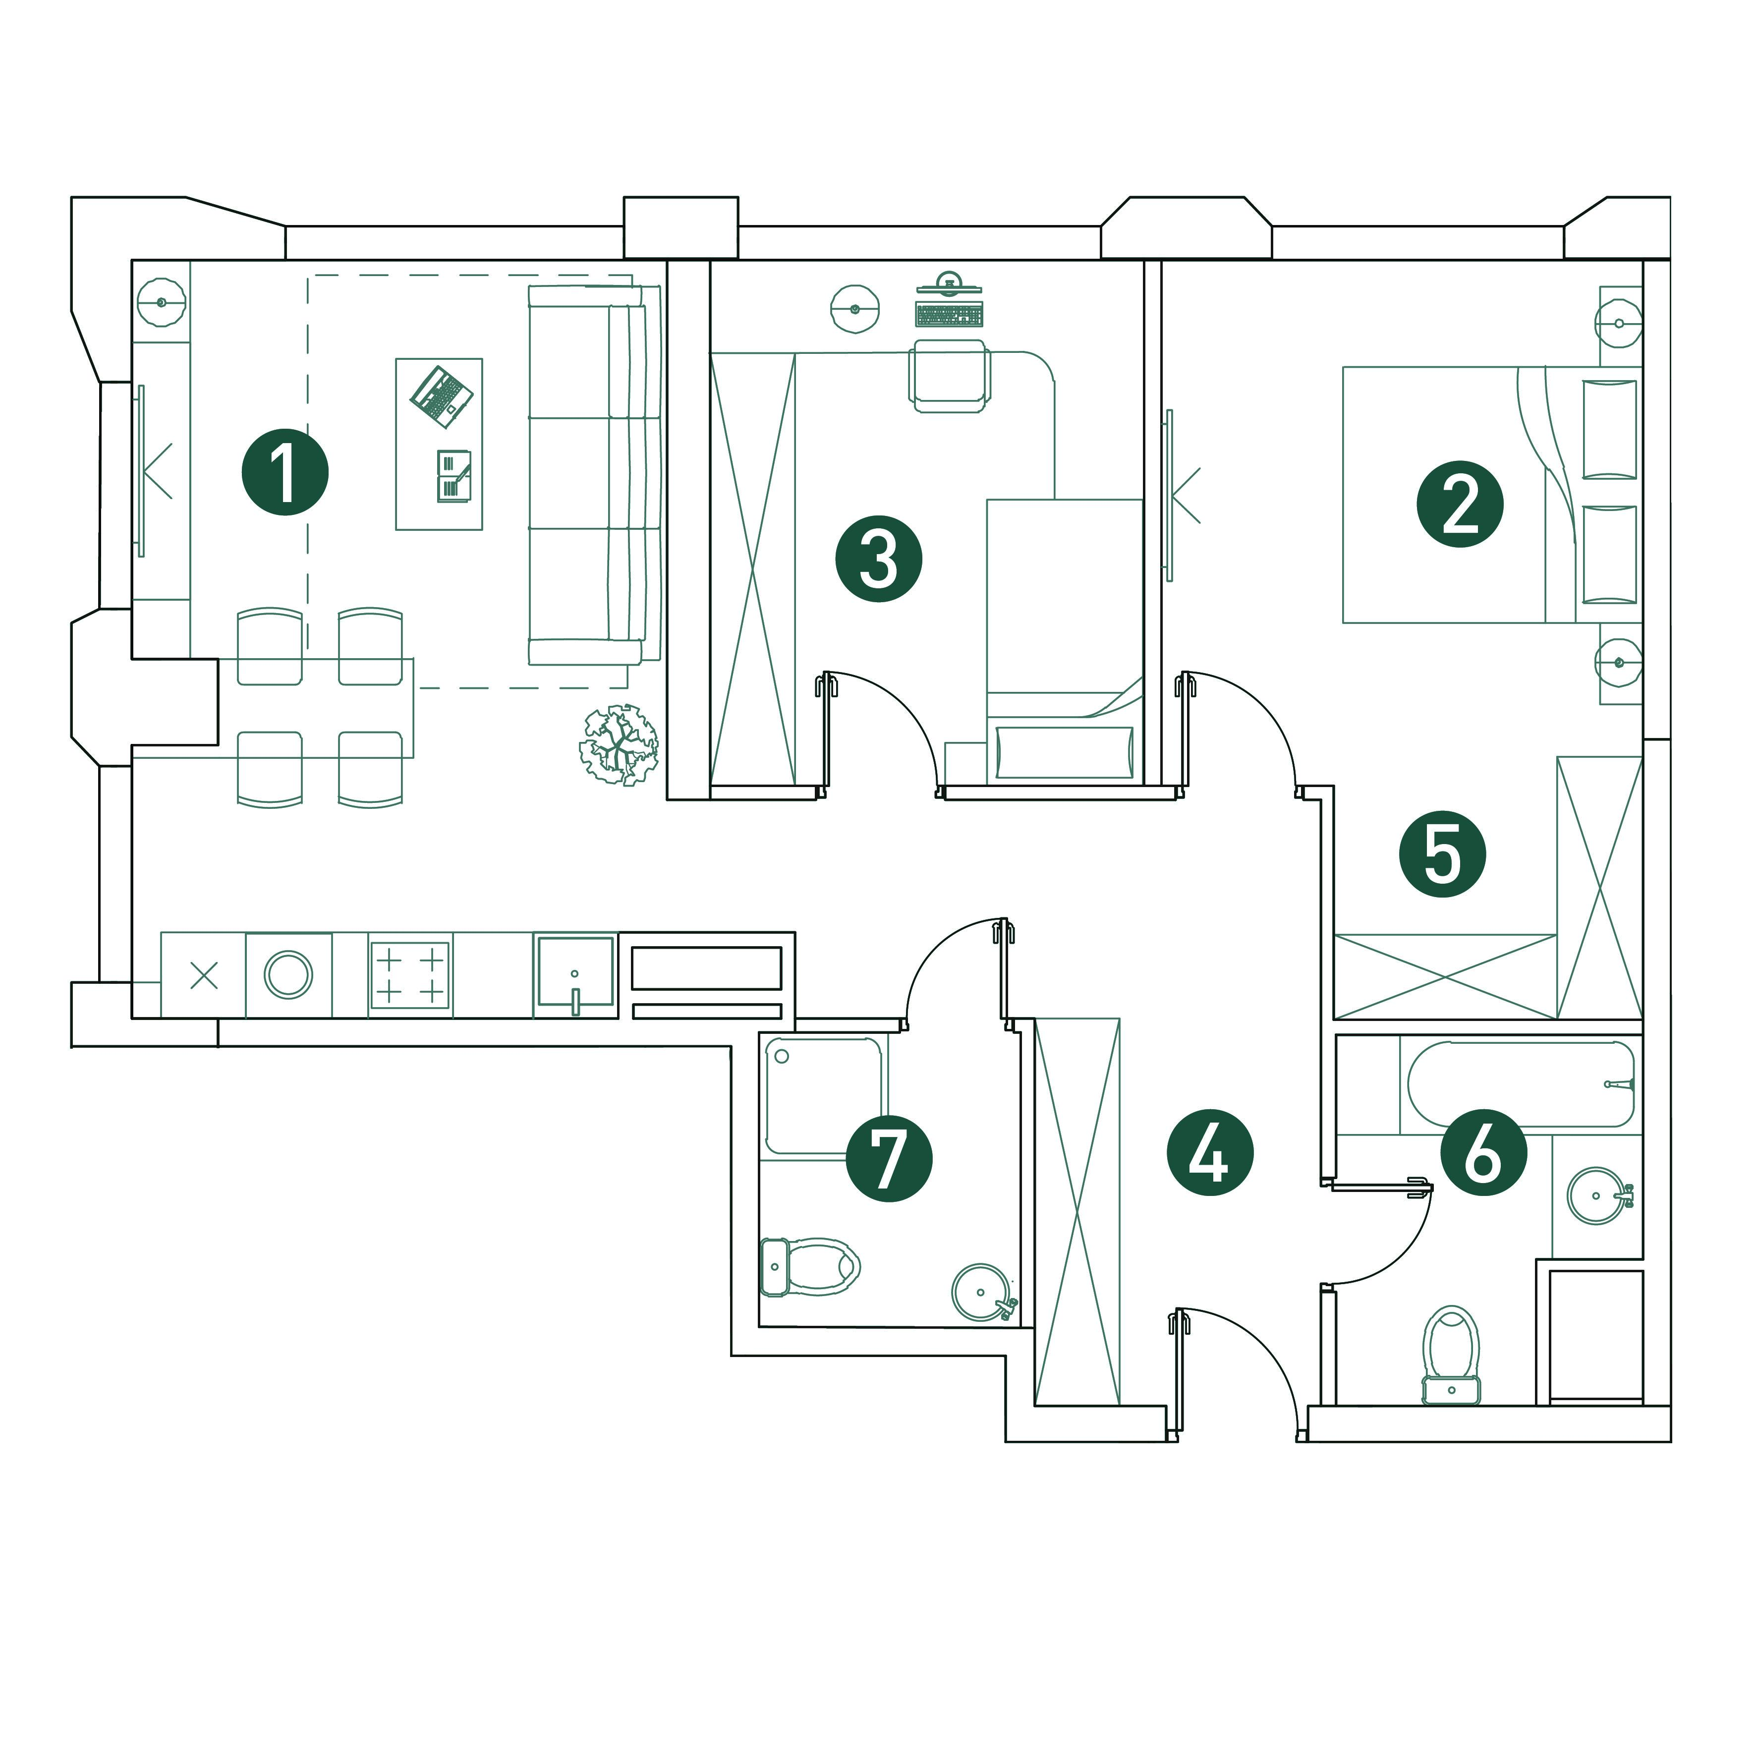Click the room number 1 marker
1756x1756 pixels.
click(284, 473)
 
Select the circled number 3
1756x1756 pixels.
click(879, 559)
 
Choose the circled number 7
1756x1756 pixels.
click(889, 1159)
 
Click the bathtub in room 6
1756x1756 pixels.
click(1521, 1084)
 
